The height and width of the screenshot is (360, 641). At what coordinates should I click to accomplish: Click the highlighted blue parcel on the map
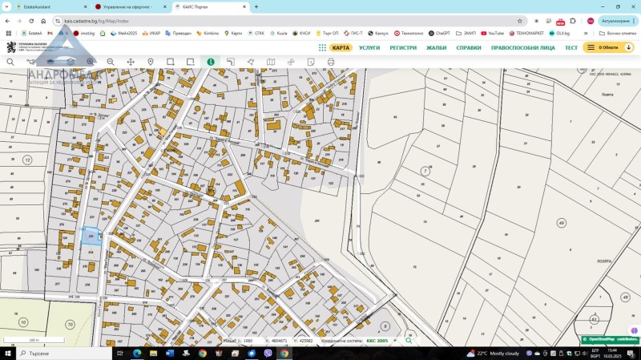[x=91, y=236]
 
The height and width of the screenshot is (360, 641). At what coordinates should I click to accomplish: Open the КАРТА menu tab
[x=341, y=48]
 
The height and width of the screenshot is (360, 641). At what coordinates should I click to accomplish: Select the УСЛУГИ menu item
[x=369, y=48]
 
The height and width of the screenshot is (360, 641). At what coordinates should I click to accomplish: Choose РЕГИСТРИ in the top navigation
[x=403, y=48]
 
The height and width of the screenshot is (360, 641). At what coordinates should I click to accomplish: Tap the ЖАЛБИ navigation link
[x=436, y=48]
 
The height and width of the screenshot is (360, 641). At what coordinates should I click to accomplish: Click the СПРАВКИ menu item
[x=469, y=48]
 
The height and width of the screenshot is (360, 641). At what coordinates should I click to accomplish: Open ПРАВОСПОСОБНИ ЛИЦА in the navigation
[x=522, y=48]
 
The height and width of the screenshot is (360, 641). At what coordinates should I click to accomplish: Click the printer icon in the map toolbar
[x=330, y=62]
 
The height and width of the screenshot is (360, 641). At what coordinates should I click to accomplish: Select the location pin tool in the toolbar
[x=151, y=62]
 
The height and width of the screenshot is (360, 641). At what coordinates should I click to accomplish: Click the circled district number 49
[x=561, y=223]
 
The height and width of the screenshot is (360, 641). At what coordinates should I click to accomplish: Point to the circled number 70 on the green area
[x=70, y=325]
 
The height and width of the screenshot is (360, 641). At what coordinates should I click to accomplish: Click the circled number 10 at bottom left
[x=22, y=322]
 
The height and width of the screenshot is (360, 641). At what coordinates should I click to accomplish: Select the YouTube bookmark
[x=492, y=34]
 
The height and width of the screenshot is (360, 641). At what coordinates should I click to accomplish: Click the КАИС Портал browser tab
[x=210, y=6]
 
